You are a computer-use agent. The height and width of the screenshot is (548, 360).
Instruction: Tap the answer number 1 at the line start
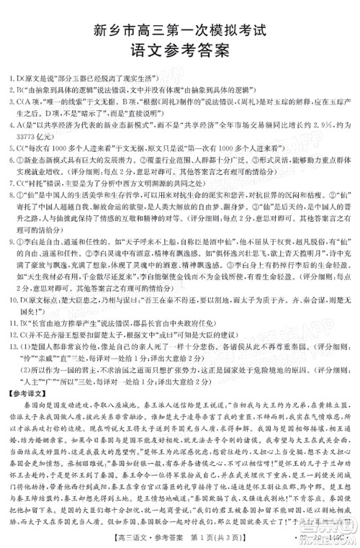(6, 76)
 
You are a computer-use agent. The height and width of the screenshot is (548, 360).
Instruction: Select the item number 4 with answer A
(6, 124)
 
